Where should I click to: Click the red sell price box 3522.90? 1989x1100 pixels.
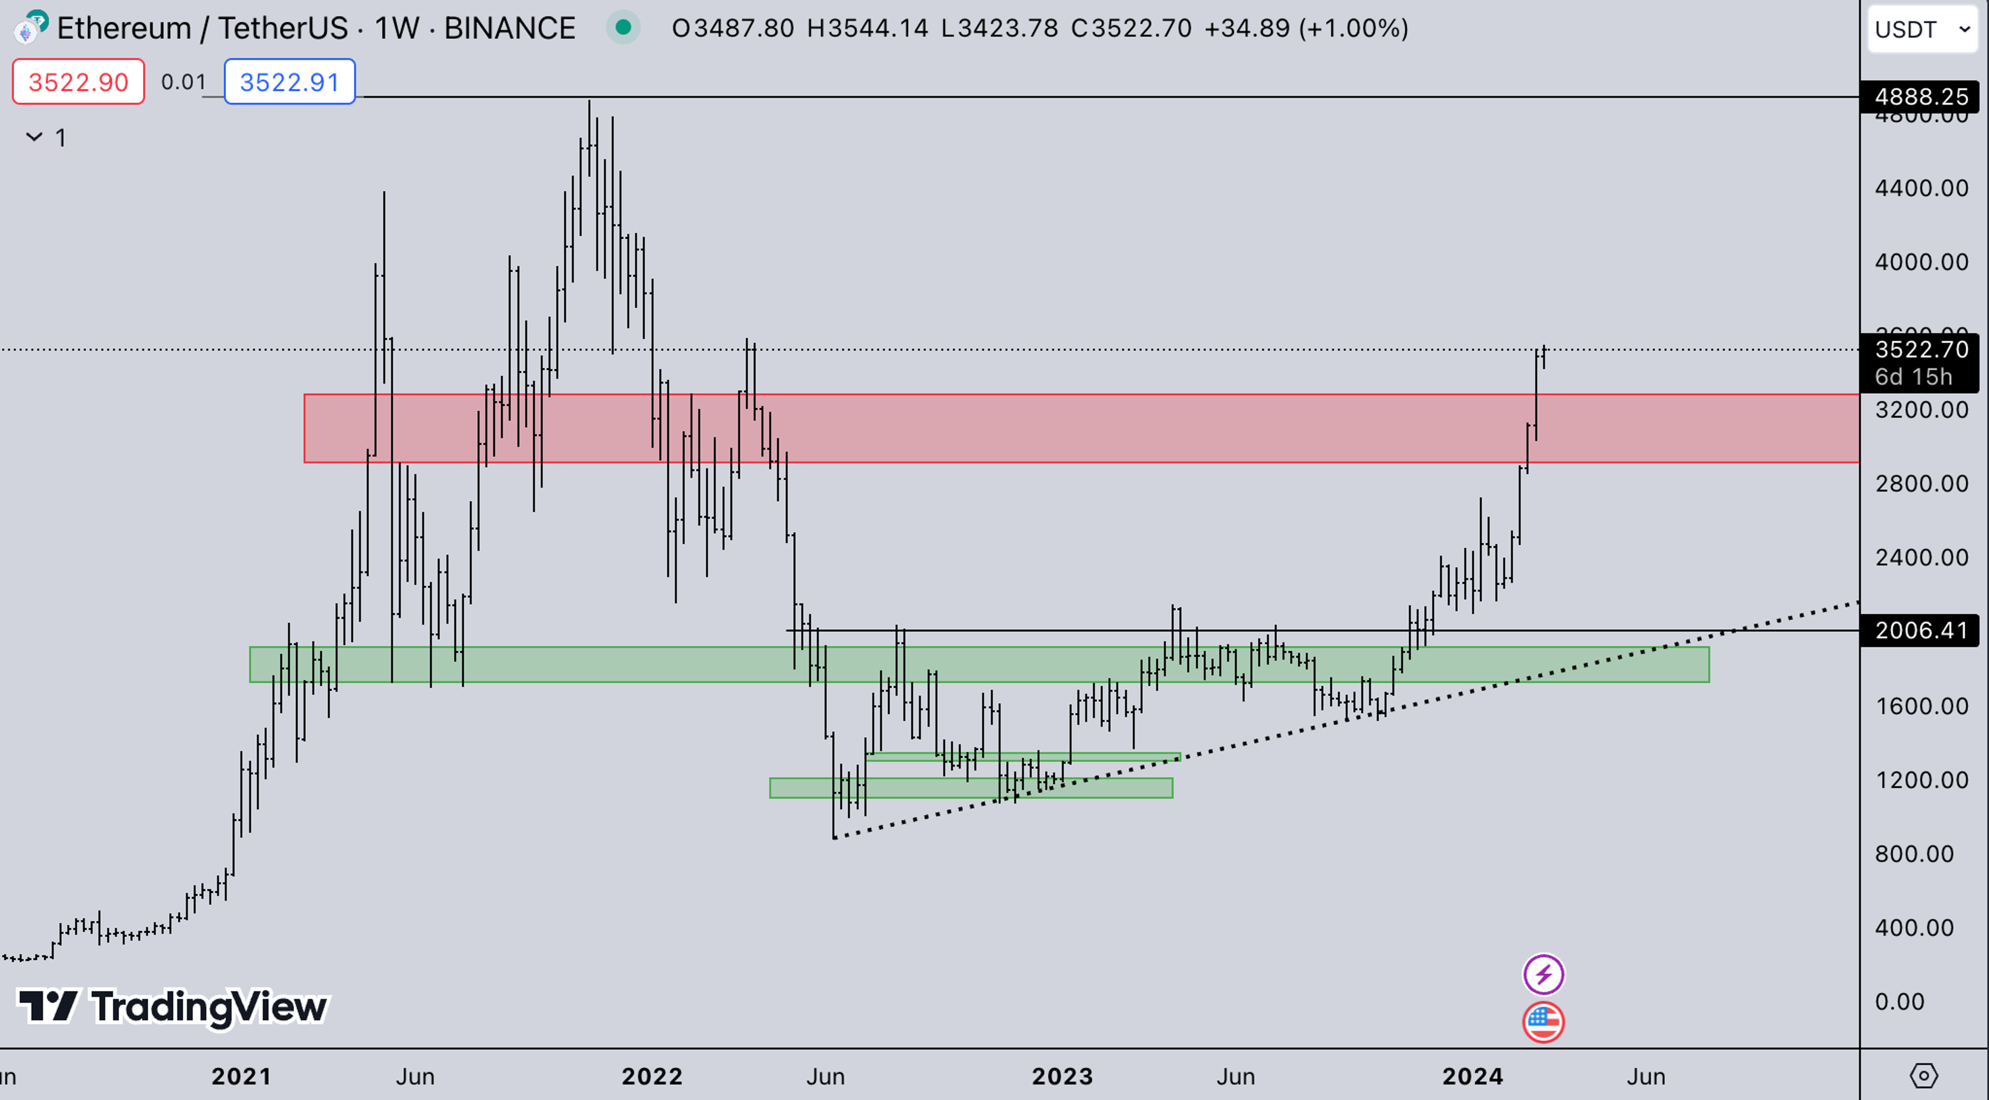pos(78,81)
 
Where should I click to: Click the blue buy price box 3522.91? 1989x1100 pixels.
pos(290,81)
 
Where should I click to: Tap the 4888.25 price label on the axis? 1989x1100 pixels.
pos(1921,96)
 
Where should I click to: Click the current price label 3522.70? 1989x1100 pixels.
pos(1921,350)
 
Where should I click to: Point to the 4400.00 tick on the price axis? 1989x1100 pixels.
pos(1921,187)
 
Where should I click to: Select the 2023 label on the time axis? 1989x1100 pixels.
pos(1062,1076)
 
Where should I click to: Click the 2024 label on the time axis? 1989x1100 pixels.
pos(1473,1076)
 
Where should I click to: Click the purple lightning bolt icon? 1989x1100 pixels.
pos(1543,974)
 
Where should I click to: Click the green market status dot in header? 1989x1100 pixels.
pos(623,28)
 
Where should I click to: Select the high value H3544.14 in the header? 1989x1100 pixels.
pos(867,28)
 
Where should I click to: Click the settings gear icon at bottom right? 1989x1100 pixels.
pos(1923,1075)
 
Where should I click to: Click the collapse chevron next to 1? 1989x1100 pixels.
pos(34,137)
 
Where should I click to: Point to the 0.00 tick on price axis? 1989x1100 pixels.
pos(1899,1001)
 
